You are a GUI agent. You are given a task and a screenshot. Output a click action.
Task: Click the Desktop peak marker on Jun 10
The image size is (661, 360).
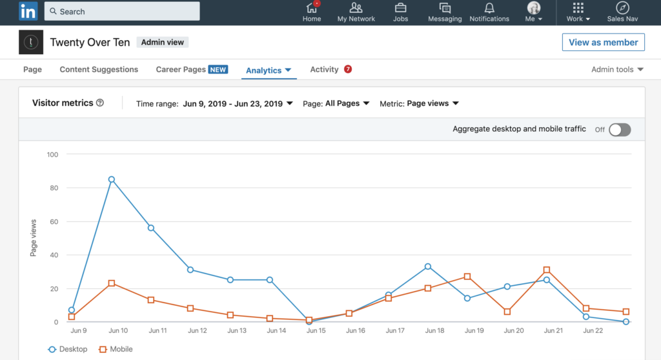pyautogui.click(x=112, y=179)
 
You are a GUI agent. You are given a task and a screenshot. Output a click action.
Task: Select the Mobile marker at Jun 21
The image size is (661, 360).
pyautogui.click(x=547, y=270)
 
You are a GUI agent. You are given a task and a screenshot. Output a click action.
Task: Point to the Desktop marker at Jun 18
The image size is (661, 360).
pyautogui.click(x=428, y=266)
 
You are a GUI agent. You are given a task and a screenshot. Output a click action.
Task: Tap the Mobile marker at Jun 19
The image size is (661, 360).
pyautogui.click(x=467, y=276)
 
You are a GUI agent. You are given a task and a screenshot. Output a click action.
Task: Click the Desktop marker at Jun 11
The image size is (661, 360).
pyautogui.click(x=151, y=228)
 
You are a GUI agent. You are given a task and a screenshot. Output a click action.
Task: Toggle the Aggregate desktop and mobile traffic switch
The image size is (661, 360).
pyautogui.click(x=619, y=130)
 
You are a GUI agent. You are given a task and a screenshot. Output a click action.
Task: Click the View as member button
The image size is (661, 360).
pyautogui.click(x=603, y=43)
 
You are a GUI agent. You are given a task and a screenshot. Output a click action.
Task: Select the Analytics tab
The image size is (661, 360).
pyautogui.click(x=269, y=70)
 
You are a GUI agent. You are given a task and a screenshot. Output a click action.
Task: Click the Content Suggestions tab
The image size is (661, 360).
pyautogui.click(x=99, y=70)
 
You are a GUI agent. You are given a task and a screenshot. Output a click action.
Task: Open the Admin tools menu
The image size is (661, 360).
pyautogui.click(x=617, y=70)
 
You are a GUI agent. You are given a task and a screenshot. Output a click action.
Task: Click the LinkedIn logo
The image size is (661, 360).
pyautogui.click(x=28, y=11)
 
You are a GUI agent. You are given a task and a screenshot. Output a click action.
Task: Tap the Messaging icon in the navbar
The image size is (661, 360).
pyautogui.click(x=445, y=8)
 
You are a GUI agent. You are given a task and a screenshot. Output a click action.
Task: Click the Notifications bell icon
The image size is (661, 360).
pyautogui.click(x=489, y=8)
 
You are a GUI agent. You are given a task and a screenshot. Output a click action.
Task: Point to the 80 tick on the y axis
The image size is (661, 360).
pyautogui.click(x=53, y=188)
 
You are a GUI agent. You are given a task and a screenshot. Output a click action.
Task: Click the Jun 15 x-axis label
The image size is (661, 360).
pyautogui.click(x=316, y=331)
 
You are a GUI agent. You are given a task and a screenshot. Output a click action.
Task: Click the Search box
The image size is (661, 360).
pyautogui.click(x=122, y=12)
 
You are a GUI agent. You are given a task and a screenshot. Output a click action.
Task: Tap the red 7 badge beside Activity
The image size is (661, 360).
pyautogui.click(x=348, y=69)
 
